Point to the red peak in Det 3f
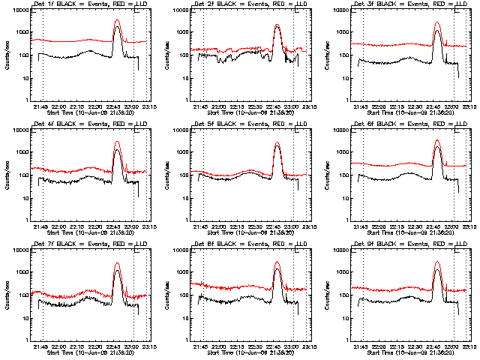coord(438,22)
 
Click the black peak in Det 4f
coord(117,150)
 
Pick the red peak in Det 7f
coord(117,263)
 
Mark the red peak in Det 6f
coord(438,140)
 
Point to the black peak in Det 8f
coord(277,269)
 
